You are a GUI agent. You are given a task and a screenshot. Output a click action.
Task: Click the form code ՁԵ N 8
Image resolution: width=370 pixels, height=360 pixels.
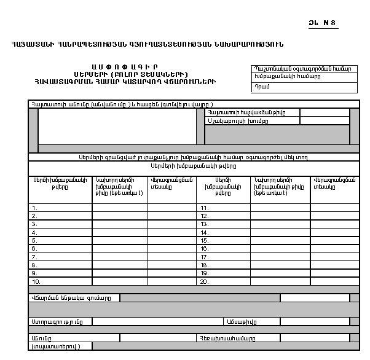coord(323,24)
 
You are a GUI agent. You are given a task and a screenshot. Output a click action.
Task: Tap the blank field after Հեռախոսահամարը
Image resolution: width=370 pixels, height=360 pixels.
coord(314,338)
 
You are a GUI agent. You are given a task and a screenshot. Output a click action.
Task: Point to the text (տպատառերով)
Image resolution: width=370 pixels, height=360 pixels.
coord(60,346)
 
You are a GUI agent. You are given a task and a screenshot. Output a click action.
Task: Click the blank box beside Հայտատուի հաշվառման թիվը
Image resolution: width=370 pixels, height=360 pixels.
coord(324,113)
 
